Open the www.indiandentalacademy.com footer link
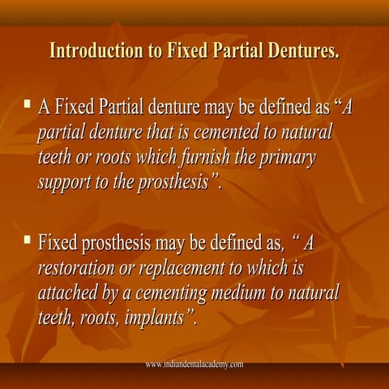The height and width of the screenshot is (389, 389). pyautogui.click(x=194, y=365)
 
